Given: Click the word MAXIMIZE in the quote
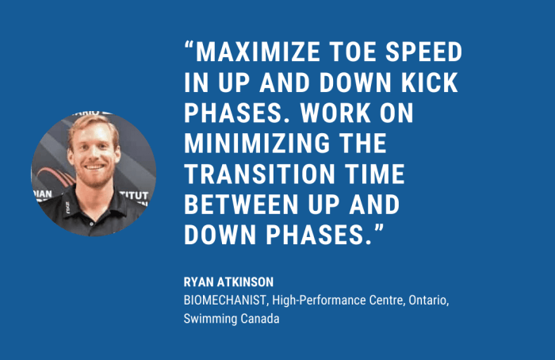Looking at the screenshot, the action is click(x=258, y=52).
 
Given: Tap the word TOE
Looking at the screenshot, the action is click(x=353, y=52).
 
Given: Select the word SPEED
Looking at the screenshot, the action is click(x=423, y=52).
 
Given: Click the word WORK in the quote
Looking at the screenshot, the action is click(x=335, y=113).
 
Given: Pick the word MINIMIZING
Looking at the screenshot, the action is click(x=257, y=144).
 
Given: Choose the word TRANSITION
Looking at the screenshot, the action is click(x=260, y=174).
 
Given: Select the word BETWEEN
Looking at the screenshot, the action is click(x=241, y=205).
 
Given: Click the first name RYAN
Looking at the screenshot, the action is click(x=198, y=282).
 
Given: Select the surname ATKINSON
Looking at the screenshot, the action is click(x=245, y=282).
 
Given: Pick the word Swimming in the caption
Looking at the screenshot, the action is click(x=210, y=319).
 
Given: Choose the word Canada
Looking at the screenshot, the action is click(x=260, y=319).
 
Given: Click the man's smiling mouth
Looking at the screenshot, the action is click(x=94, y=167).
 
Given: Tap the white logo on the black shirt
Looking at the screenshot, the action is click(x=67, y=208).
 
